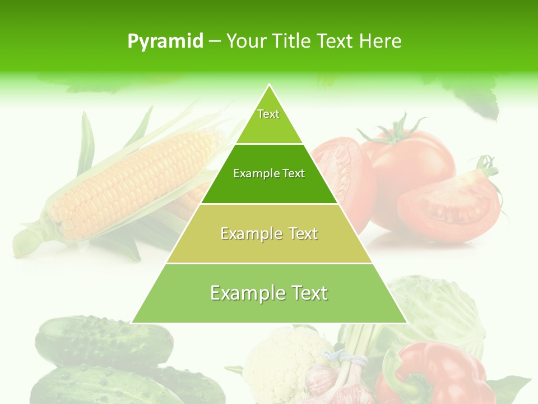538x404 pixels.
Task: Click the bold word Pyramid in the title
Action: point(165,42)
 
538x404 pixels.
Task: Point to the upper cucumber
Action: point(104,339)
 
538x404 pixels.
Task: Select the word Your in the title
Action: point(247,42)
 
